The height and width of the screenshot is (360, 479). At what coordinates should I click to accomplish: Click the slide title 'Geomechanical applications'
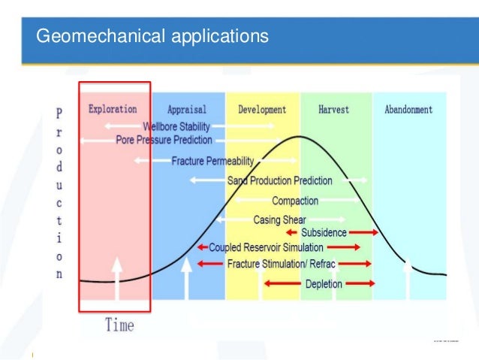152,35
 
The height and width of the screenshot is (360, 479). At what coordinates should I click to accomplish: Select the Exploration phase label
113,109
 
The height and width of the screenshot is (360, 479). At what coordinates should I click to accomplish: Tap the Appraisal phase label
187,110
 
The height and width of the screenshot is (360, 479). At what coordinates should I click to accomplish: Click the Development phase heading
262,110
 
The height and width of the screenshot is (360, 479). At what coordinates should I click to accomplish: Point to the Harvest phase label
333,110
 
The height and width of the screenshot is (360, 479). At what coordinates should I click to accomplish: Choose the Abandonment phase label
408,110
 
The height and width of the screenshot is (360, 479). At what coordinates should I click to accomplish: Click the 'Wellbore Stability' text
176,127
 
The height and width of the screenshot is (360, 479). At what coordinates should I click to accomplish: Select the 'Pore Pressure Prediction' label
164,140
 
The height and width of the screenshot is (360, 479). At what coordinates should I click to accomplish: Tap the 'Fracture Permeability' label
212,161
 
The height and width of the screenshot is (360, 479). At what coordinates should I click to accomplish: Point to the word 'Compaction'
295,201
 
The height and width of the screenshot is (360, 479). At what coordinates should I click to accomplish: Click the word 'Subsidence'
324,233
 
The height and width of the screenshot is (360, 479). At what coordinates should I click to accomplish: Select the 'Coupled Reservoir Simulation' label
266,247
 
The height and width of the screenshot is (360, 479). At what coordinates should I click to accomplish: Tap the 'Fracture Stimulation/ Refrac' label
281,264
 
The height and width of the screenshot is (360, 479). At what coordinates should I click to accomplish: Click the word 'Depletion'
324,284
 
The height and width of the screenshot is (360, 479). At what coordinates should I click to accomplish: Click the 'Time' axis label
119,325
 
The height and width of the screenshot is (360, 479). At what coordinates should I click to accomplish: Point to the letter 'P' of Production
60,113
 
